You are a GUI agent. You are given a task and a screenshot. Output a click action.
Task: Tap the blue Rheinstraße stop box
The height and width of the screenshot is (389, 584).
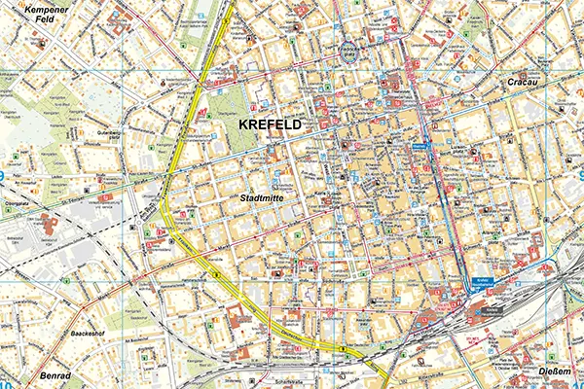(420, 147)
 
